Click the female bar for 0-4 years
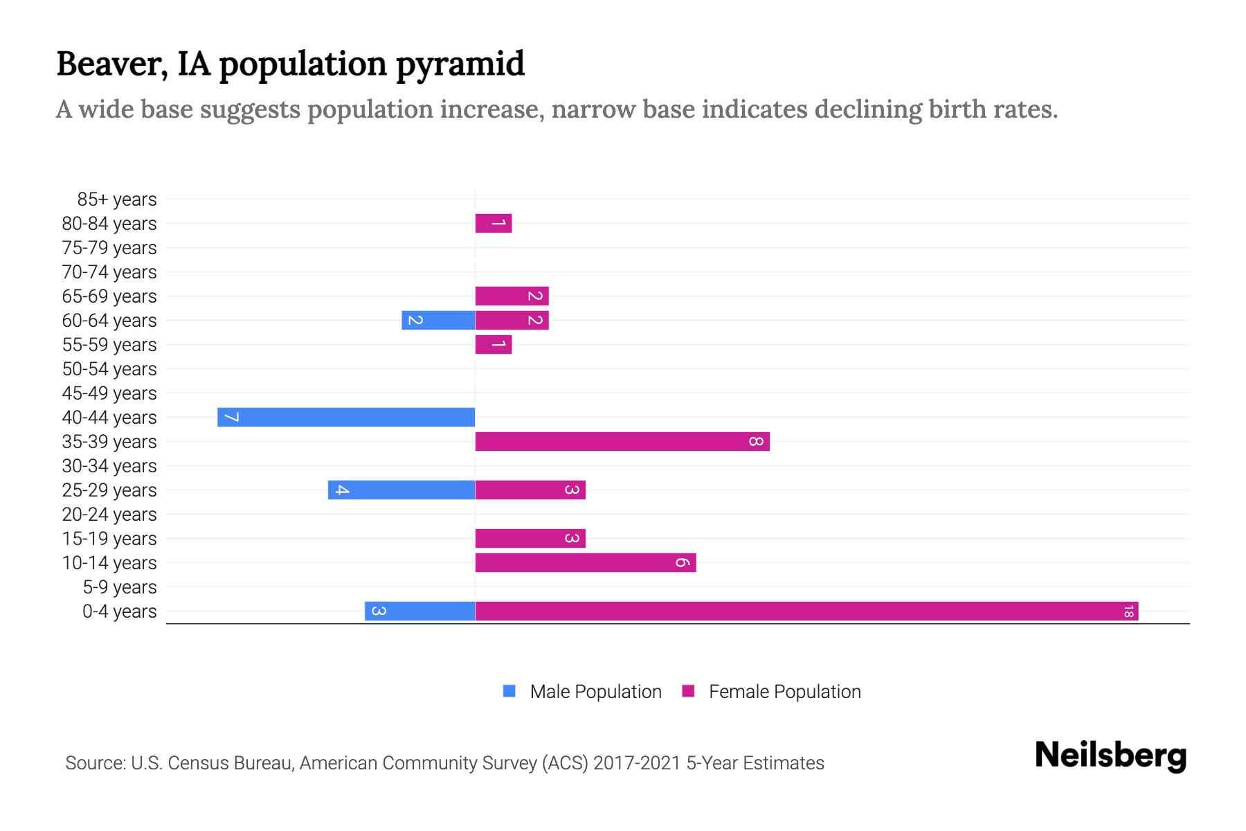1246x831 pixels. point(806,611)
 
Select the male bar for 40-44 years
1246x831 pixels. point(346,417)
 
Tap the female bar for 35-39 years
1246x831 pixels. point(622,441)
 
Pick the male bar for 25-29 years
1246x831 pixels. point(401,490)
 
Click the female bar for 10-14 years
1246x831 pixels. point(586,562)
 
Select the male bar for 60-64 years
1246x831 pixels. point(438,320)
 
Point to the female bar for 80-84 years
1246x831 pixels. point(494,223)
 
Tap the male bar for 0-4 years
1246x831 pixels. point(420,611)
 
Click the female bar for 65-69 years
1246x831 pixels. point(512,296)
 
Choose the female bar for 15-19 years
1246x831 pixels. point(530,538)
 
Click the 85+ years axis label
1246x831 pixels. point(116,199)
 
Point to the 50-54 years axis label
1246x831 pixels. point(109,369)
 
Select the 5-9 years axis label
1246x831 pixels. point(119,587)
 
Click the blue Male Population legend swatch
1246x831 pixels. point(509,691)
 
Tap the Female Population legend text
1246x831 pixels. point(784,691)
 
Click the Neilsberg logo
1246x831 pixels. point(1110,756)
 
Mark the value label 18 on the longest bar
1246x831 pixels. point(1128,611)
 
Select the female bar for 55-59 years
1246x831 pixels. point(494,344)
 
